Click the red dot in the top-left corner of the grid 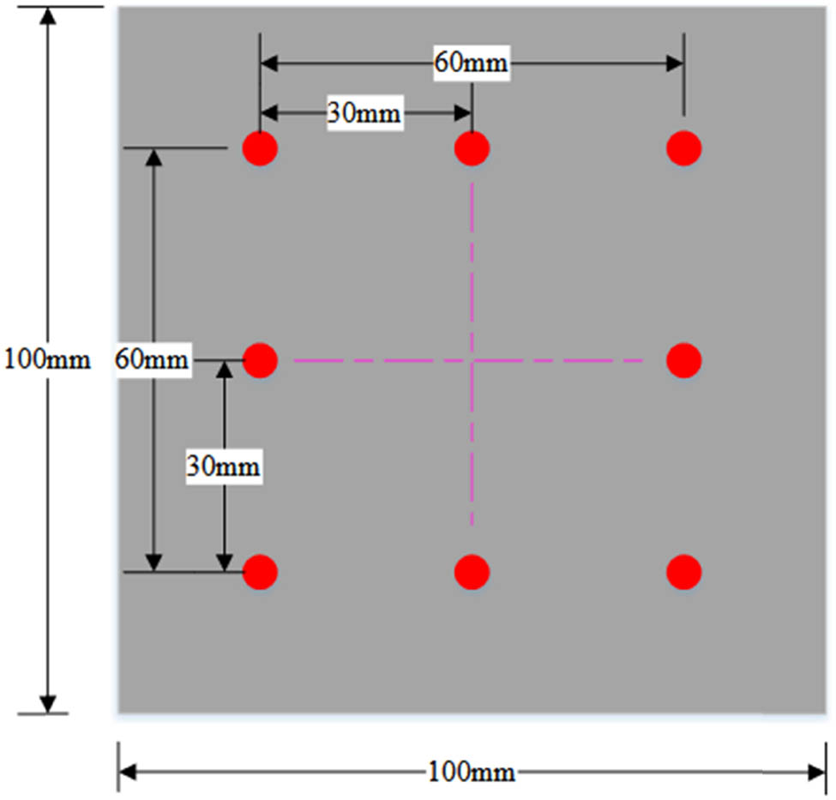260,148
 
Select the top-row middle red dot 472,148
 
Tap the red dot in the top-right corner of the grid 683,148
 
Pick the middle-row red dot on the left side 260,359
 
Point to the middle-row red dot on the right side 683,359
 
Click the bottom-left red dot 260,571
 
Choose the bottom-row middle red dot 472,571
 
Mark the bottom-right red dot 683,571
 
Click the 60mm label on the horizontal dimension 472,63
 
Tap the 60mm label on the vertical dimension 152,359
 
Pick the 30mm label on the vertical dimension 224,467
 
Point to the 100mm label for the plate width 472,773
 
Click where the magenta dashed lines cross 472,361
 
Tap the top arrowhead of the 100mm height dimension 49,16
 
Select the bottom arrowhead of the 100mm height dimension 49,702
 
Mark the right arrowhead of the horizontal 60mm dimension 674,63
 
